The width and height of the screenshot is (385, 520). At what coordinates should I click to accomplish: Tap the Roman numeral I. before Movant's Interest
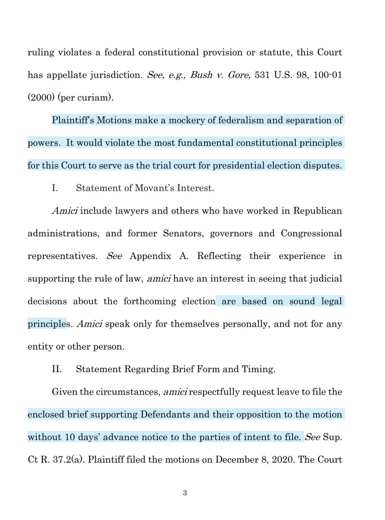(55, 188)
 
